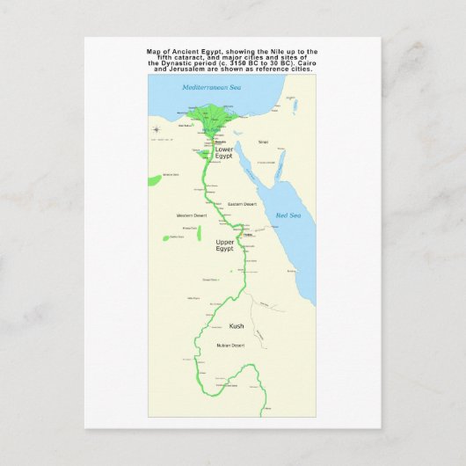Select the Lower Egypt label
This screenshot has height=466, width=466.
224,152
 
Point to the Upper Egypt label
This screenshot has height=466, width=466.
225,244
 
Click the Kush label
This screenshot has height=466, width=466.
237,325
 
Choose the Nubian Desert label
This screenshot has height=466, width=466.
231,346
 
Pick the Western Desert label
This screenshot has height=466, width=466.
191,215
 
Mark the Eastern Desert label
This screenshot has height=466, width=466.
242,204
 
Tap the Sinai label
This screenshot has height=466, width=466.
262,142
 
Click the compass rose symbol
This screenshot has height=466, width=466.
156,130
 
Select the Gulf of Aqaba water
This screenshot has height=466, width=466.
278,164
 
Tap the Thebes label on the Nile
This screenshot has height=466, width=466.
247,235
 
